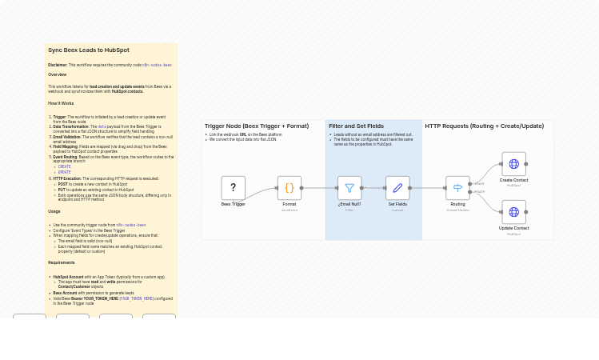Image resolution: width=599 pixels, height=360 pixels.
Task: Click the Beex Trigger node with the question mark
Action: click(x=233, y=188)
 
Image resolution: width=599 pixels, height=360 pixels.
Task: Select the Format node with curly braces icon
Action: click(x=290, y=188)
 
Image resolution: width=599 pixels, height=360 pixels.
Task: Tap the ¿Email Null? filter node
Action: click(x=349, y=188)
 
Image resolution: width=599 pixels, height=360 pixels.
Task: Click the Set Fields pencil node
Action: click(x=397, y=188)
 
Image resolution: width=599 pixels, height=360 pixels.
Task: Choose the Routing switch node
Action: click(x=457, y=188)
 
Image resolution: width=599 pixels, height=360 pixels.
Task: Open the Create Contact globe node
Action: click(x=513, y=164)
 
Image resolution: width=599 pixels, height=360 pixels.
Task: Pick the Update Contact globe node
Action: click(x=513, y=212)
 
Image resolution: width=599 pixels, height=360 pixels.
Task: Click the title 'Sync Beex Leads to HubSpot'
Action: click(x=88, y=50)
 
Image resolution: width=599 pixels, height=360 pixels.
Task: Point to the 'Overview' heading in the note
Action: click(x=57, y=74)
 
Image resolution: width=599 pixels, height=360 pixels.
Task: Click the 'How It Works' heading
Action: click(x=61, y=103)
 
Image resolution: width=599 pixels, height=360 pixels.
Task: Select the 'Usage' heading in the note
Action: click(x=54, y=211)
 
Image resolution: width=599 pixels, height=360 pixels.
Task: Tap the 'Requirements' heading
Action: click(x=61, y=262)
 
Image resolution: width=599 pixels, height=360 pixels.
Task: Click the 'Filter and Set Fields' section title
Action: click(x=356, y=126)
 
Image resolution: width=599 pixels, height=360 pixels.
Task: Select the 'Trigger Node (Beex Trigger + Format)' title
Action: click(x=256, y=126)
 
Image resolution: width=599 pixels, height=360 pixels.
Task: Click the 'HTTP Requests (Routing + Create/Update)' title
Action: click(x=484, y=126)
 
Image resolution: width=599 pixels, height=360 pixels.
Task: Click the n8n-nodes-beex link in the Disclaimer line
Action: click(x=157, y=65)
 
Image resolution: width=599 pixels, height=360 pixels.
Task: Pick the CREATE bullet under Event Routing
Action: click(x=65, y=166)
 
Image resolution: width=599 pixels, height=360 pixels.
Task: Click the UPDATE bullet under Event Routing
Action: click(x=65, y=172)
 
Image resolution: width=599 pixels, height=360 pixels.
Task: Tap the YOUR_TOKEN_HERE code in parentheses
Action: click(x=137, y=298)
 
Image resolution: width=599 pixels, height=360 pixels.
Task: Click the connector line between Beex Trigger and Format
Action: click(x=261, y=192)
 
